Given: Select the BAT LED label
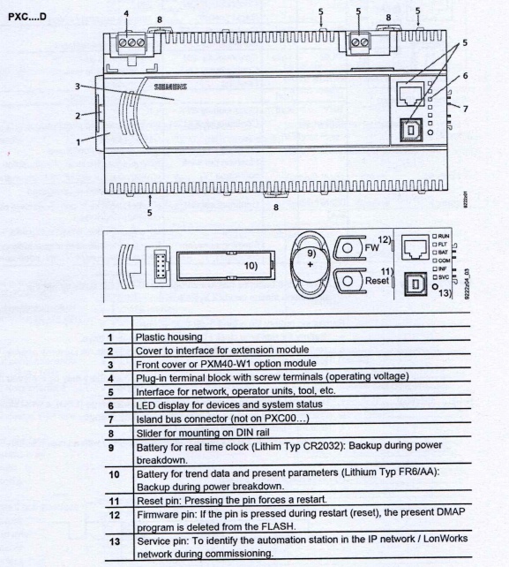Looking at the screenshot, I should tap(440, 253).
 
